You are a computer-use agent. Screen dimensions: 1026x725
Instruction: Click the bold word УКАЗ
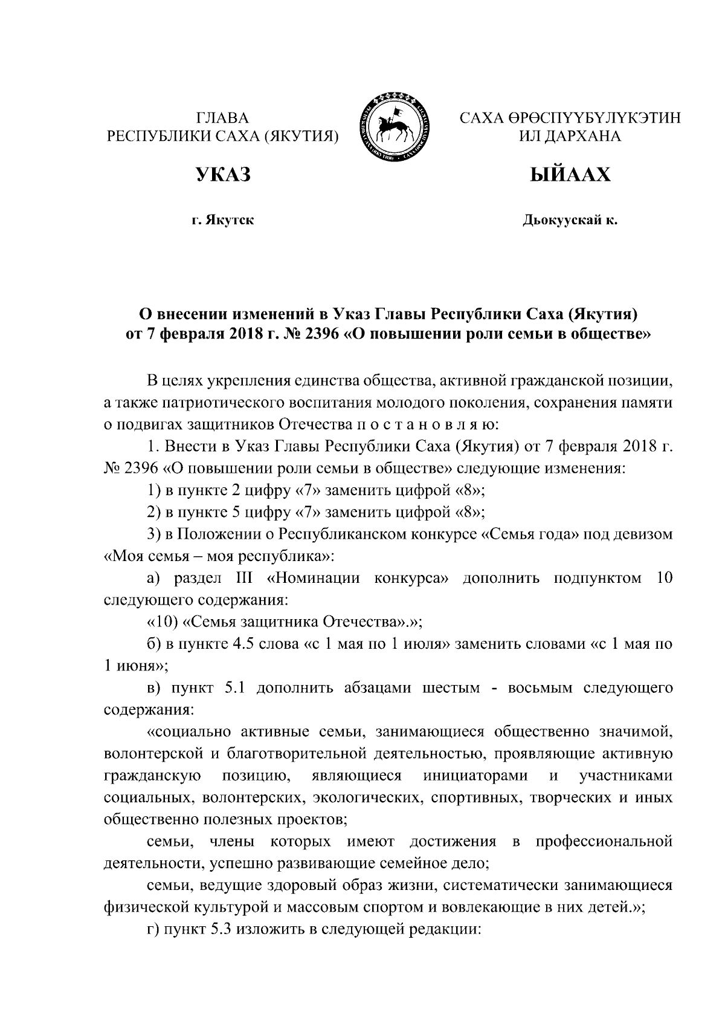(x=222, y=175)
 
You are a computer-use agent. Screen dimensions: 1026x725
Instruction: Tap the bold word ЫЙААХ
(x=570, y=175)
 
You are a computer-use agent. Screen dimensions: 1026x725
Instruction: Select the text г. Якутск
(x=222, y=220)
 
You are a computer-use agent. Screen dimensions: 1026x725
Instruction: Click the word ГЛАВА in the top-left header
(x=222, y=117)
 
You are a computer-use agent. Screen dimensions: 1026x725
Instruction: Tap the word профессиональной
(x=604, y=842)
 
